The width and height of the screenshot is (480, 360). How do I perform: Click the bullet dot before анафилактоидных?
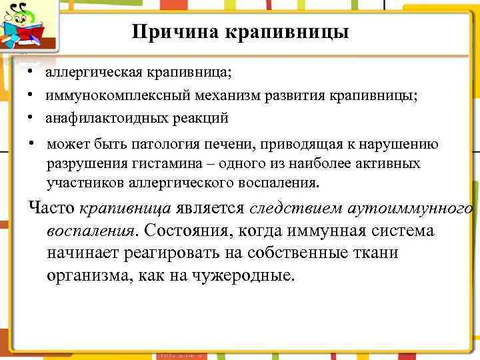[31, 118]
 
